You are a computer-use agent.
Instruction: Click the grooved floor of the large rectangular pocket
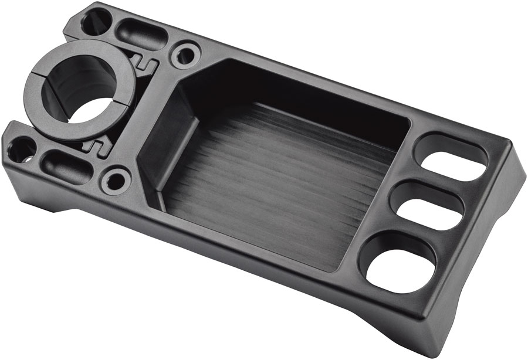click(x=282, y=188)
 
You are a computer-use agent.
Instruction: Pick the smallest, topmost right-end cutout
click(x=451, y=157)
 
